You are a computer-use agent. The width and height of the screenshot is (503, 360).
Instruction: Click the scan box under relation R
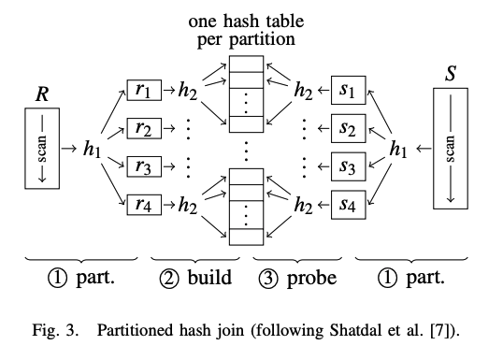click(41, 148)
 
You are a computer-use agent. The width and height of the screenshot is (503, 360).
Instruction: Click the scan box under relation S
click(451, 147)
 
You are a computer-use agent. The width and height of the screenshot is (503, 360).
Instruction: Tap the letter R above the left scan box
click(41, 94)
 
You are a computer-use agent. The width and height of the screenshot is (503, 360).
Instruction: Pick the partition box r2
click(142, 128)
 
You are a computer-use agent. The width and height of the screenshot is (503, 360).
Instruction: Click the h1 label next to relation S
click(398, 147)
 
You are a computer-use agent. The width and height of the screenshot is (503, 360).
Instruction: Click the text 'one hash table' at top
click(245, 21)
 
